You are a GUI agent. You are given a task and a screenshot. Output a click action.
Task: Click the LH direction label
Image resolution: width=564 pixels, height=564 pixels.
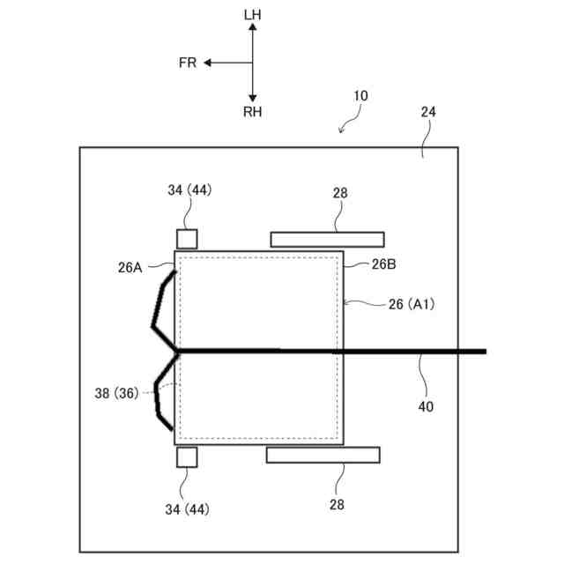[x=252, y=15]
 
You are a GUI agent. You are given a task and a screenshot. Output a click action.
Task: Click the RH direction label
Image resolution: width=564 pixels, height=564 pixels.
[x=252, y=112]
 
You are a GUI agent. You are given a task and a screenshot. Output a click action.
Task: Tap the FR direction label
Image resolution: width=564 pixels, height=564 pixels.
[x=188, y=63]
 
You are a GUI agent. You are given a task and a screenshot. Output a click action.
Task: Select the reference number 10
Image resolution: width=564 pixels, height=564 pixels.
[x=360, y=95]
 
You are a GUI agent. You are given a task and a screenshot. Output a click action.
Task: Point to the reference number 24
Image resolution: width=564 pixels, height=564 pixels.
[x=428, y=112]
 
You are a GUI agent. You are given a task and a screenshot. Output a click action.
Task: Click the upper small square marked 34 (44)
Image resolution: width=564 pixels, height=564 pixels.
[x=187, y=239]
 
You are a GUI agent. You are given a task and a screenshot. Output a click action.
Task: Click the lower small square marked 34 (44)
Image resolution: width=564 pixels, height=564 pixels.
[x=187, y=456]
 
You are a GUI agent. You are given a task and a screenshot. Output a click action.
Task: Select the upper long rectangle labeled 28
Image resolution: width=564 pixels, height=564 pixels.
[x=327, y=239]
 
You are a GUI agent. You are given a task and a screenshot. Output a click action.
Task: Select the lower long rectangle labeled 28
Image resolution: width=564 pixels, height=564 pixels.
[x=323, y=455]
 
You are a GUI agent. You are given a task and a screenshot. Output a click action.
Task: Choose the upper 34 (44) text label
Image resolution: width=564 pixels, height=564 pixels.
[x=189, y=189]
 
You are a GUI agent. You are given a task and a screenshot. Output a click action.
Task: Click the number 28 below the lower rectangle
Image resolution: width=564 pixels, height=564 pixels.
[x=337, y=504]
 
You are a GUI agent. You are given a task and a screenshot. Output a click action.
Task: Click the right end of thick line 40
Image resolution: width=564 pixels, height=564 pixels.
[x=484, y=352]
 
